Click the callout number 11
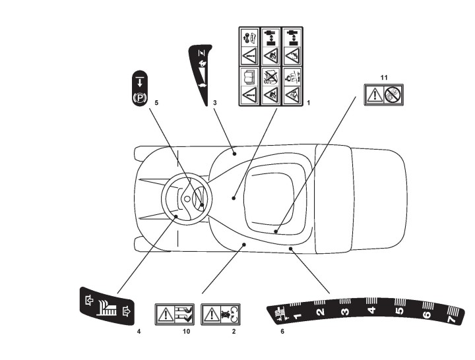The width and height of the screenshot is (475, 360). coord(383,76)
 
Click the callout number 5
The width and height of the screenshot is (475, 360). coord(156,103)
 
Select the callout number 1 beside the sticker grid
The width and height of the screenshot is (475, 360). coord(308,104)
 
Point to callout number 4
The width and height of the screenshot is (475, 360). coord(139,331)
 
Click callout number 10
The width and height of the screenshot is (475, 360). coord(186,331)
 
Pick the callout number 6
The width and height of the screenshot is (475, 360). coord(282,331)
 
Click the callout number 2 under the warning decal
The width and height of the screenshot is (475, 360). coord(233,331)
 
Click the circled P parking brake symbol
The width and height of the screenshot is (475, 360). coord(139,100)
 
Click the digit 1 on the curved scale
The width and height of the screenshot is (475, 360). coord(296,317)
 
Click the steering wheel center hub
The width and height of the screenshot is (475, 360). coord(187,198)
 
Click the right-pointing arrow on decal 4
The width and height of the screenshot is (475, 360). coord(127,307)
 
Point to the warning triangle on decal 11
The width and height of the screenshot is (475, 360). coord(375,94)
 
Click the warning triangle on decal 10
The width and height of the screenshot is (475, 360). coord(165,313)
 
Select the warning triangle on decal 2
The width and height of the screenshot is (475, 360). coord(211,313)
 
